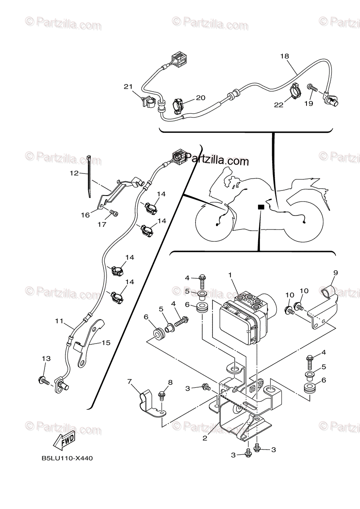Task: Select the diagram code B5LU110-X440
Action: coord(67,459)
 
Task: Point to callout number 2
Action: coord(205,438)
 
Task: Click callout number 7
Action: coord(130,382)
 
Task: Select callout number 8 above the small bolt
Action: coord(170,382)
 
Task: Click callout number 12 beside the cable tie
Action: coord(74,173)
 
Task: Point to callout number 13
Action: coord(46,358)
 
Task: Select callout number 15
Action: coord(106,342)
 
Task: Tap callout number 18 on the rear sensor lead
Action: coord(284,56)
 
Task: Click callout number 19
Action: coord(309,103)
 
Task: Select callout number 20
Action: coord(200,98)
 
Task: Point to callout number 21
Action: coord(128,87)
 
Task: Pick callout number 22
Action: coord(278,105)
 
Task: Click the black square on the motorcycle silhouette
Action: coord(261,207)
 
